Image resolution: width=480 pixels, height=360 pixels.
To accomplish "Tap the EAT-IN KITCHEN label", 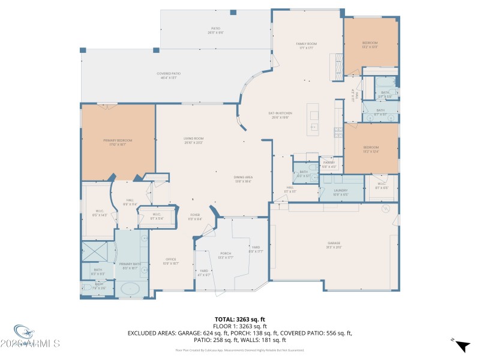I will tap(280, 115).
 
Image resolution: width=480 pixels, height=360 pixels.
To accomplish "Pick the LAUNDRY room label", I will tap(341, 192).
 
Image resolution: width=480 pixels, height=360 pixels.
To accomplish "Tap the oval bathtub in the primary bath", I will tap(130, 289).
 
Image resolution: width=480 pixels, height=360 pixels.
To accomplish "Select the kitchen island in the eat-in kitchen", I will tap(313, 120).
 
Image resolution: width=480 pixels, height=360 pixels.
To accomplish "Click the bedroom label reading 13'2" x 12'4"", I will tap(370, 149).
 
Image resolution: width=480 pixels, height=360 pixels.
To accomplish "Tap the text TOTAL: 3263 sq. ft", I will tap(239, 319).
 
